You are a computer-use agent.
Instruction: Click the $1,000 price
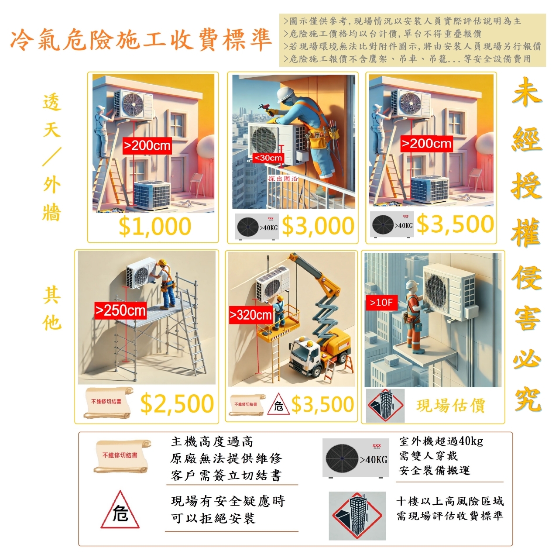click(x=154, y=227)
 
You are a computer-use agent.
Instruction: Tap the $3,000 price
click(x=318, y=226)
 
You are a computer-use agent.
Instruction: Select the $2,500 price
click(x=177, y=403)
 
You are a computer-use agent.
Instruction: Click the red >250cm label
click(x=121, y=310)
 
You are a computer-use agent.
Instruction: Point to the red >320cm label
click(x=251, y=315)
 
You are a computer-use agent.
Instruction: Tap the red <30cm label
click(x=268, y=158)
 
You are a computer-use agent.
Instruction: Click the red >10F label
click(x=381, y=302)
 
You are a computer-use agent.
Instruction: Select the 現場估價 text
click(x=450, y=406)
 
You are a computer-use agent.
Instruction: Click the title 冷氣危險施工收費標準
click(x=141, y=41)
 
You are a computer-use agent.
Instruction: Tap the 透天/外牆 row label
click(x=51, y=157)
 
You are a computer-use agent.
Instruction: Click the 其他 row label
click(x=51, y=308)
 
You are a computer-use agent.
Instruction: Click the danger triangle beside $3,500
click(x=278, y=404)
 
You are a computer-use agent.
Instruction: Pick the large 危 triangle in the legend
click(x=120, y=511)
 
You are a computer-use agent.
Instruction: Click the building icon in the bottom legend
click(x=357, y=515)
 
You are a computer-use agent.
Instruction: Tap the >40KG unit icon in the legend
click(x=356, y=458)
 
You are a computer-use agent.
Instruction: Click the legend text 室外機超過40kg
click(x=441, y=441)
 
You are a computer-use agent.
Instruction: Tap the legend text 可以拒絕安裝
click(x=213, y=519)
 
